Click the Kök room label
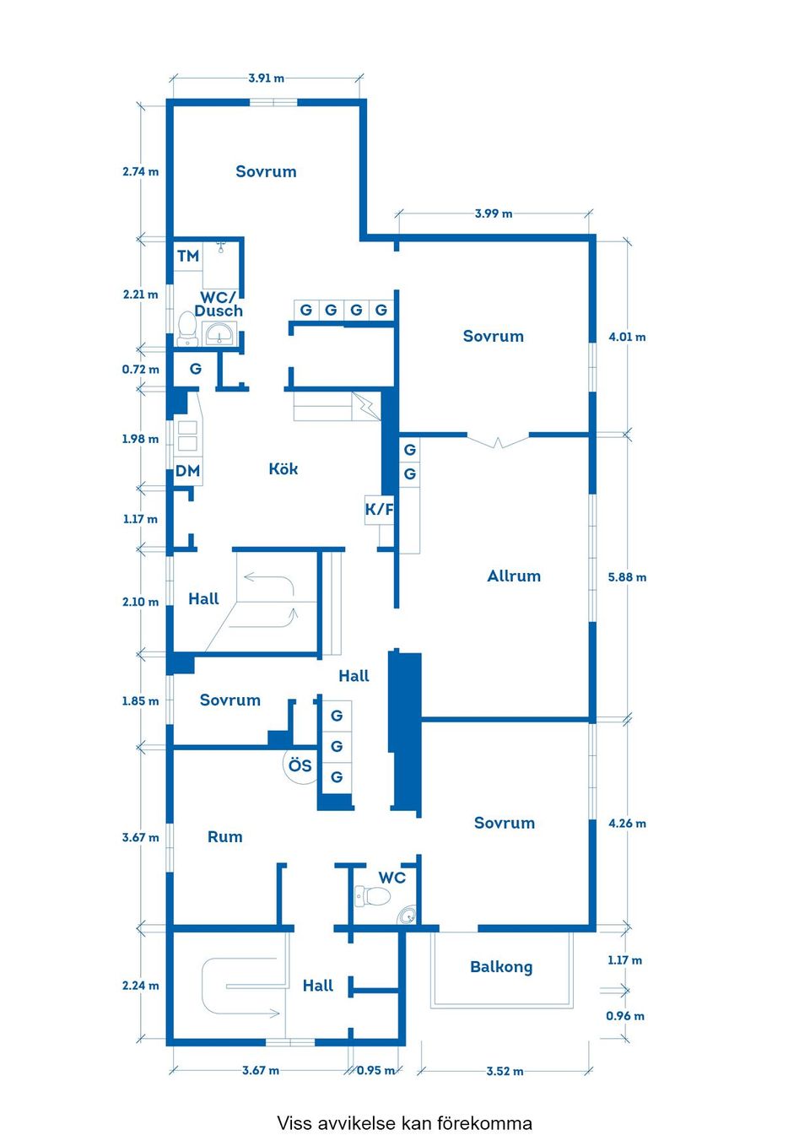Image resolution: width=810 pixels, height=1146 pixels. [283, 468]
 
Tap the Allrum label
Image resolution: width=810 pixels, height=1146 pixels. [513, 576]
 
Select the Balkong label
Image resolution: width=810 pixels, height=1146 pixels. [501, 967]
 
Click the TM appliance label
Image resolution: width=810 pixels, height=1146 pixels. [187, 256]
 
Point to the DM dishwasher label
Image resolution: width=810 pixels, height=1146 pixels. [187, 471]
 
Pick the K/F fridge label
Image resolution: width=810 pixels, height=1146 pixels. [379, 509]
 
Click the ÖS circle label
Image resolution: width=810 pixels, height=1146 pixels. [300, 765]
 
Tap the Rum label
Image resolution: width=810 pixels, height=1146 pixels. [224, 837]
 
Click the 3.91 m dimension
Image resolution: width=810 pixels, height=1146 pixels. [266, 78]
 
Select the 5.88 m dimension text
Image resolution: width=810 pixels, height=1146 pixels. [627, 577]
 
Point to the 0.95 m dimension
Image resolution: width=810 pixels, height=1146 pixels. [375, 1070]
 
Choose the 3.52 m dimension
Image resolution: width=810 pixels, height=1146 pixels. [505, 1071]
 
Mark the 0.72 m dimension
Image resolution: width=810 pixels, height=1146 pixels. [141, 370]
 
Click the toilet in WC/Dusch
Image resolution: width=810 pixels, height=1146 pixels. [187, 329]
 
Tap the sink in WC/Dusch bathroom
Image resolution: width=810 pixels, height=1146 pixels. [219, 334]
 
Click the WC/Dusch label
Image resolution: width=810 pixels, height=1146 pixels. [219, 304]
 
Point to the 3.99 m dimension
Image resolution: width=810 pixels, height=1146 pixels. [494, 214]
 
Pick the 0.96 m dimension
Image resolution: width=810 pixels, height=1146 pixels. [625, 1016]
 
